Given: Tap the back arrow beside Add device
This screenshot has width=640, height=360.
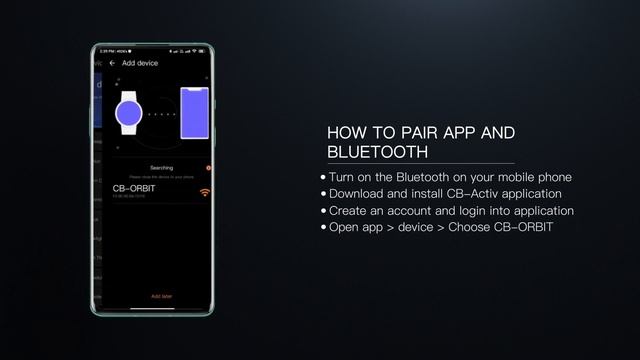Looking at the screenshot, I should point(112,63).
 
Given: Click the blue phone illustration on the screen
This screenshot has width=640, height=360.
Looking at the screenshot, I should point(194,112).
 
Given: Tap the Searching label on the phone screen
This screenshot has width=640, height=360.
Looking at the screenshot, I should point(161,167).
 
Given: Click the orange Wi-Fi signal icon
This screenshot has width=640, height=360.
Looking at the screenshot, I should point(205,191).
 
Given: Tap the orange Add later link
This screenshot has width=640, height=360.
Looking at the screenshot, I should point(161,296).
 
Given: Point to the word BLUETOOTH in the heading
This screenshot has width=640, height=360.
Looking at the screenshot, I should point(377,152).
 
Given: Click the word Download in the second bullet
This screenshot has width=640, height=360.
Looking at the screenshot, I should point(359,193).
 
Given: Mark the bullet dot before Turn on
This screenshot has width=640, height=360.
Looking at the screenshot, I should point(323,177).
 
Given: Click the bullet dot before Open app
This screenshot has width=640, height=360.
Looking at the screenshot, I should point(323,228).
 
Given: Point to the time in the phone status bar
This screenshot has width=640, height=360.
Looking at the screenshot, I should point(109,51).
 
